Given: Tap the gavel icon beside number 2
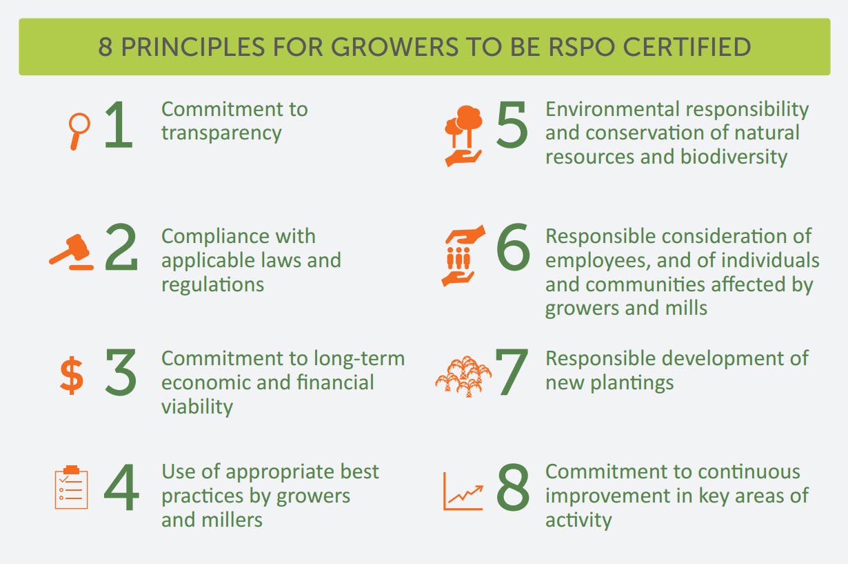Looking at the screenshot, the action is click(x=72, y=252).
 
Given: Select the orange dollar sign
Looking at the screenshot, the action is click(x=72, y=376).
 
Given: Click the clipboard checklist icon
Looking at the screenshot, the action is click(x=72, y=487).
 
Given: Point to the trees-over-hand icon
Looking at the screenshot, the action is click(x=463, y=136).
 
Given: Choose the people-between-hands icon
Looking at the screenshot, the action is click(x=463, y=256).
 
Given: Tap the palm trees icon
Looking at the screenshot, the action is click(x=463, y=376).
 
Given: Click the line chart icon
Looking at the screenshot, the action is click(x=463, y=492).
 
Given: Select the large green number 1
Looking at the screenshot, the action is click(x=119, y=124).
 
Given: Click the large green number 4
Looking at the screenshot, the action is click(x=121, y=487).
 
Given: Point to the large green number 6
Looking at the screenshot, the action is click(x=514, y=247).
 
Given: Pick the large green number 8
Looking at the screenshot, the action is click(x=513, y=487).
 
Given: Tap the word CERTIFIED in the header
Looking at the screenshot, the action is click(x=687, y=47).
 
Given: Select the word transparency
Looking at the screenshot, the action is click(x=221, y=134).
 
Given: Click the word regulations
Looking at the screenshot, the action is click(x=213, y=285).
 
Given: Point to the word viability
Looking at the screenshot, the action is click(x=197, y=407).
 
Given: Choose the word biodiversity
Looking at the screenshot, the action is click(x=734, y=157).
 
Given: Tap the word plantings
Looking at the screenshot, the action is click(x=632, y=383).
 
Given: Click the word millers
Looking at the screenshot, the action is click(x=232, y=520).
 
